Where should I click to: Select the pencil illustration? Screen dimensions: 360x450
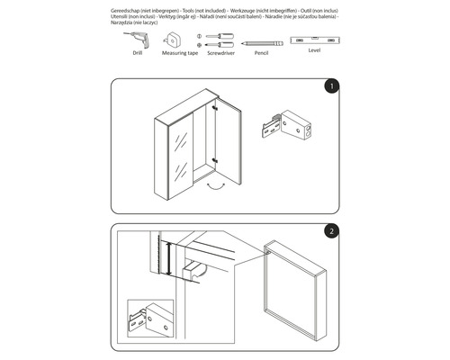[260, 41]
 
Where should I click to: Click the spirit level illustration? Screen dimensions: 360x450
[313, 40]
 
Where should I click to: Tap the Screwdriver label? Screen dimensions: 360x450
[220, 54]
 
